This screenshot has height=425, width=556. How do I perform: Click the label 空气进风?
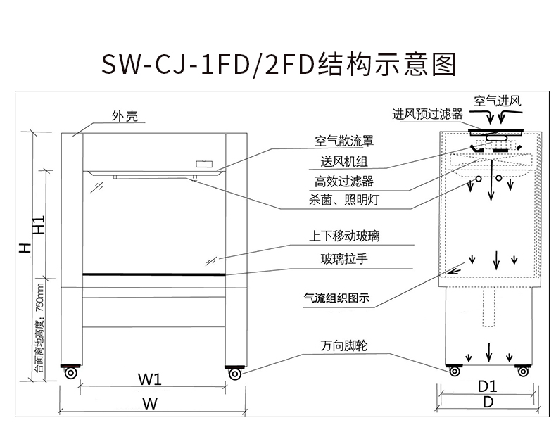coord(497,101)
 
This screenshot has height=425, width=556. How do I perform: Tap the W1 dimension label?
coord(151,379)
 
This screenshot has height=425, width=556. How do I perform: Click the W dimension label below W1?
coord(150,404)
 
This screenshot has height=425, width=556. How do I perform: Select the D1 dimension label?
coord(488,386)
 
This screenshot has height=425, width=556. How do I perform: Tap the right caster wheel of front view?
coord(234,372)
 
